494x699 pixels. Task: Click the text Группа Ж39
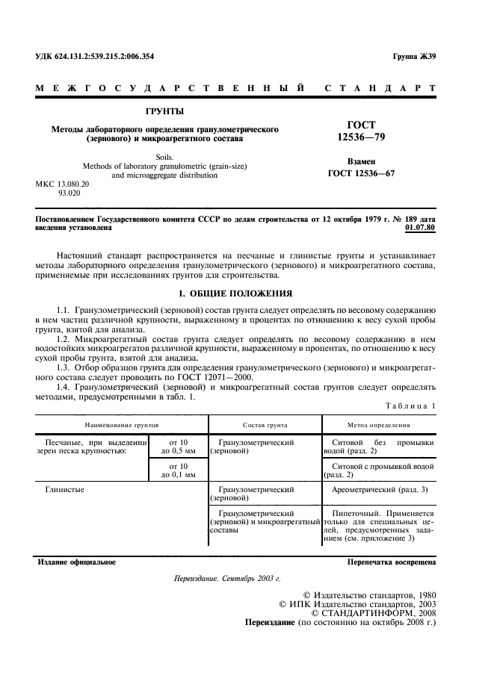click(x=414, y=57)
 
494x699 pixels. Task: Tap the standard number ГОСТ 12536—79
click(x=362, y=131)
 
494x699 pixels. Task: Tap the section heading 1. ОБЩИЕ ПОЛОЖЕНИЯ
click(x=237, y=293)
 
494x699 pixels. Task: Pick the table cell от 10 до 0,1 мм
click(x=178, y=470)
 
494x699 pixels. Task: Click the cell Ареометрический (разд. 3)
click(x=379, y=489)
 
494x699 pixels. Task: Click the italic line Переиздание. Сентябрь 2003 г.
click(x=226, y=579)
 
